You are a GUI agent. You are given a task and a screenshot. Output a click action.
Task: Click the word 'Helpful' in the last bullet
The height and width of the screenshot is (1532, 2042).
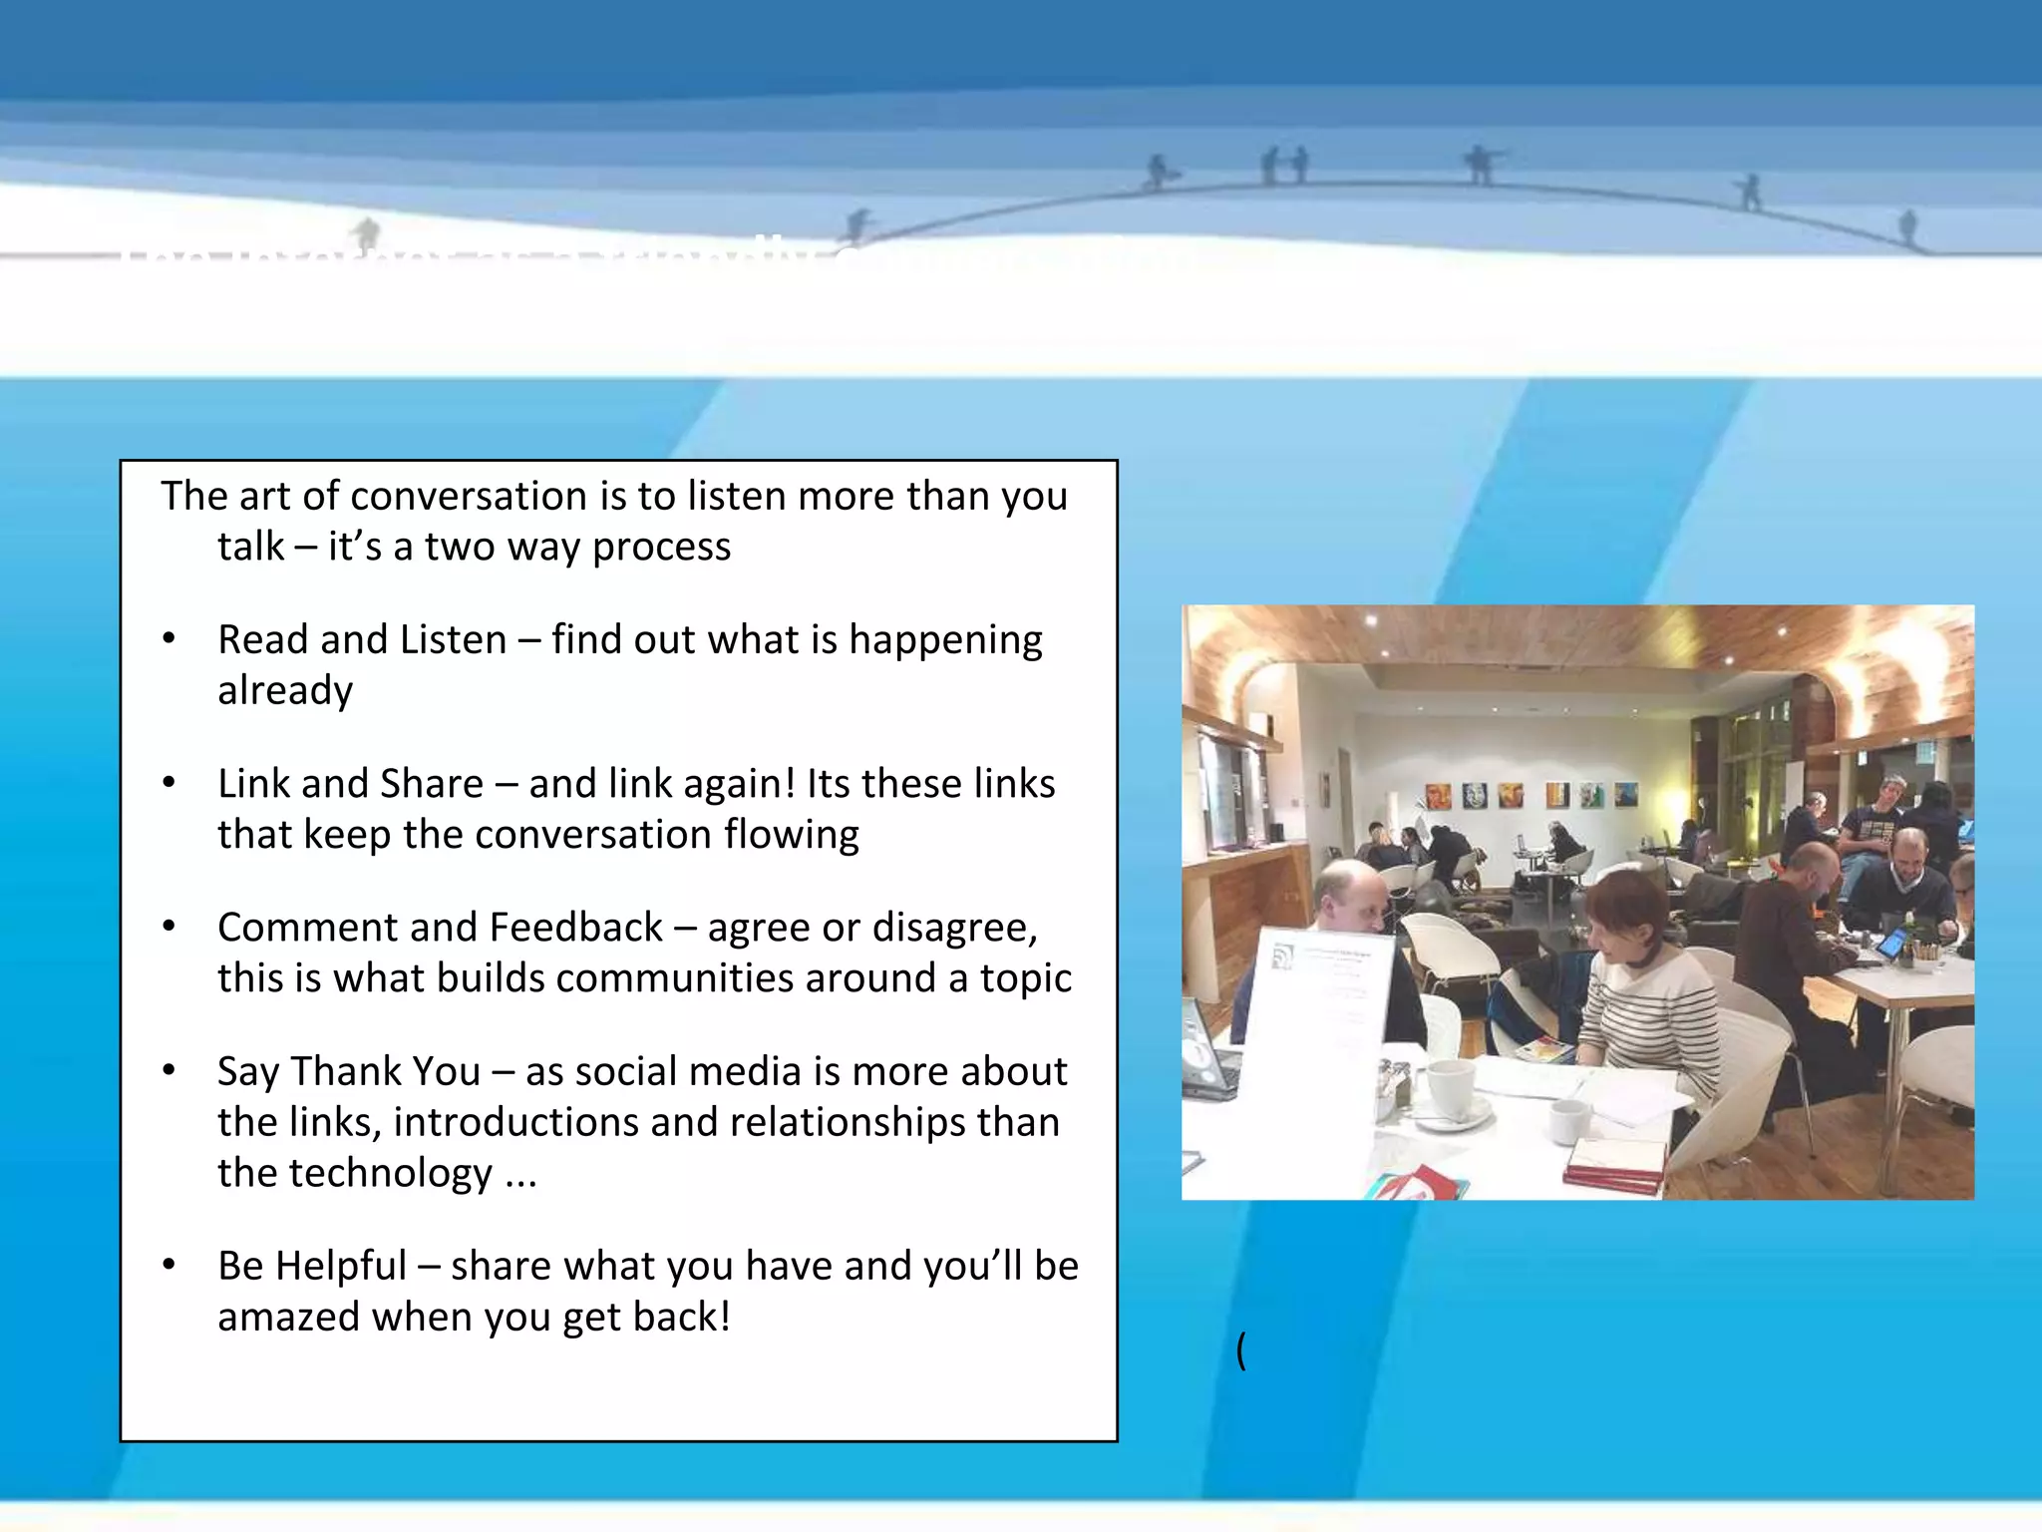[x=341, y=1266]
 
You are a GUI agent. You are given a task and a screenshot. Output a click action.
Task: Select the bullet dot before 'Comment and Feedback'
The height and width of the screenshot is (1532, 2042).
[x=170, y=928]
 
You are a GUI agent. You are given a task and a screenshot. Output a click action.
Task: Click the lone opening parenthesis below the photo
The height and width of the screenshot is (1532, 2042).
[x=1241, y=1350]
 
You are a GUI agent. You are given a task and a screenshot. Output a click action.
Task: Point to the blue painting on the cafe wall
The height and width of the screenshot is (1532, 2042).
[x=1626, y=794]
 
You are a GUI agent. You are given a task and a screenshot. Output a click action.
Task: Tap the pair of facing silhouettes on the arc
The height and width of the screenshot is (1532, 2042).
[x=1285, y=166]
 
